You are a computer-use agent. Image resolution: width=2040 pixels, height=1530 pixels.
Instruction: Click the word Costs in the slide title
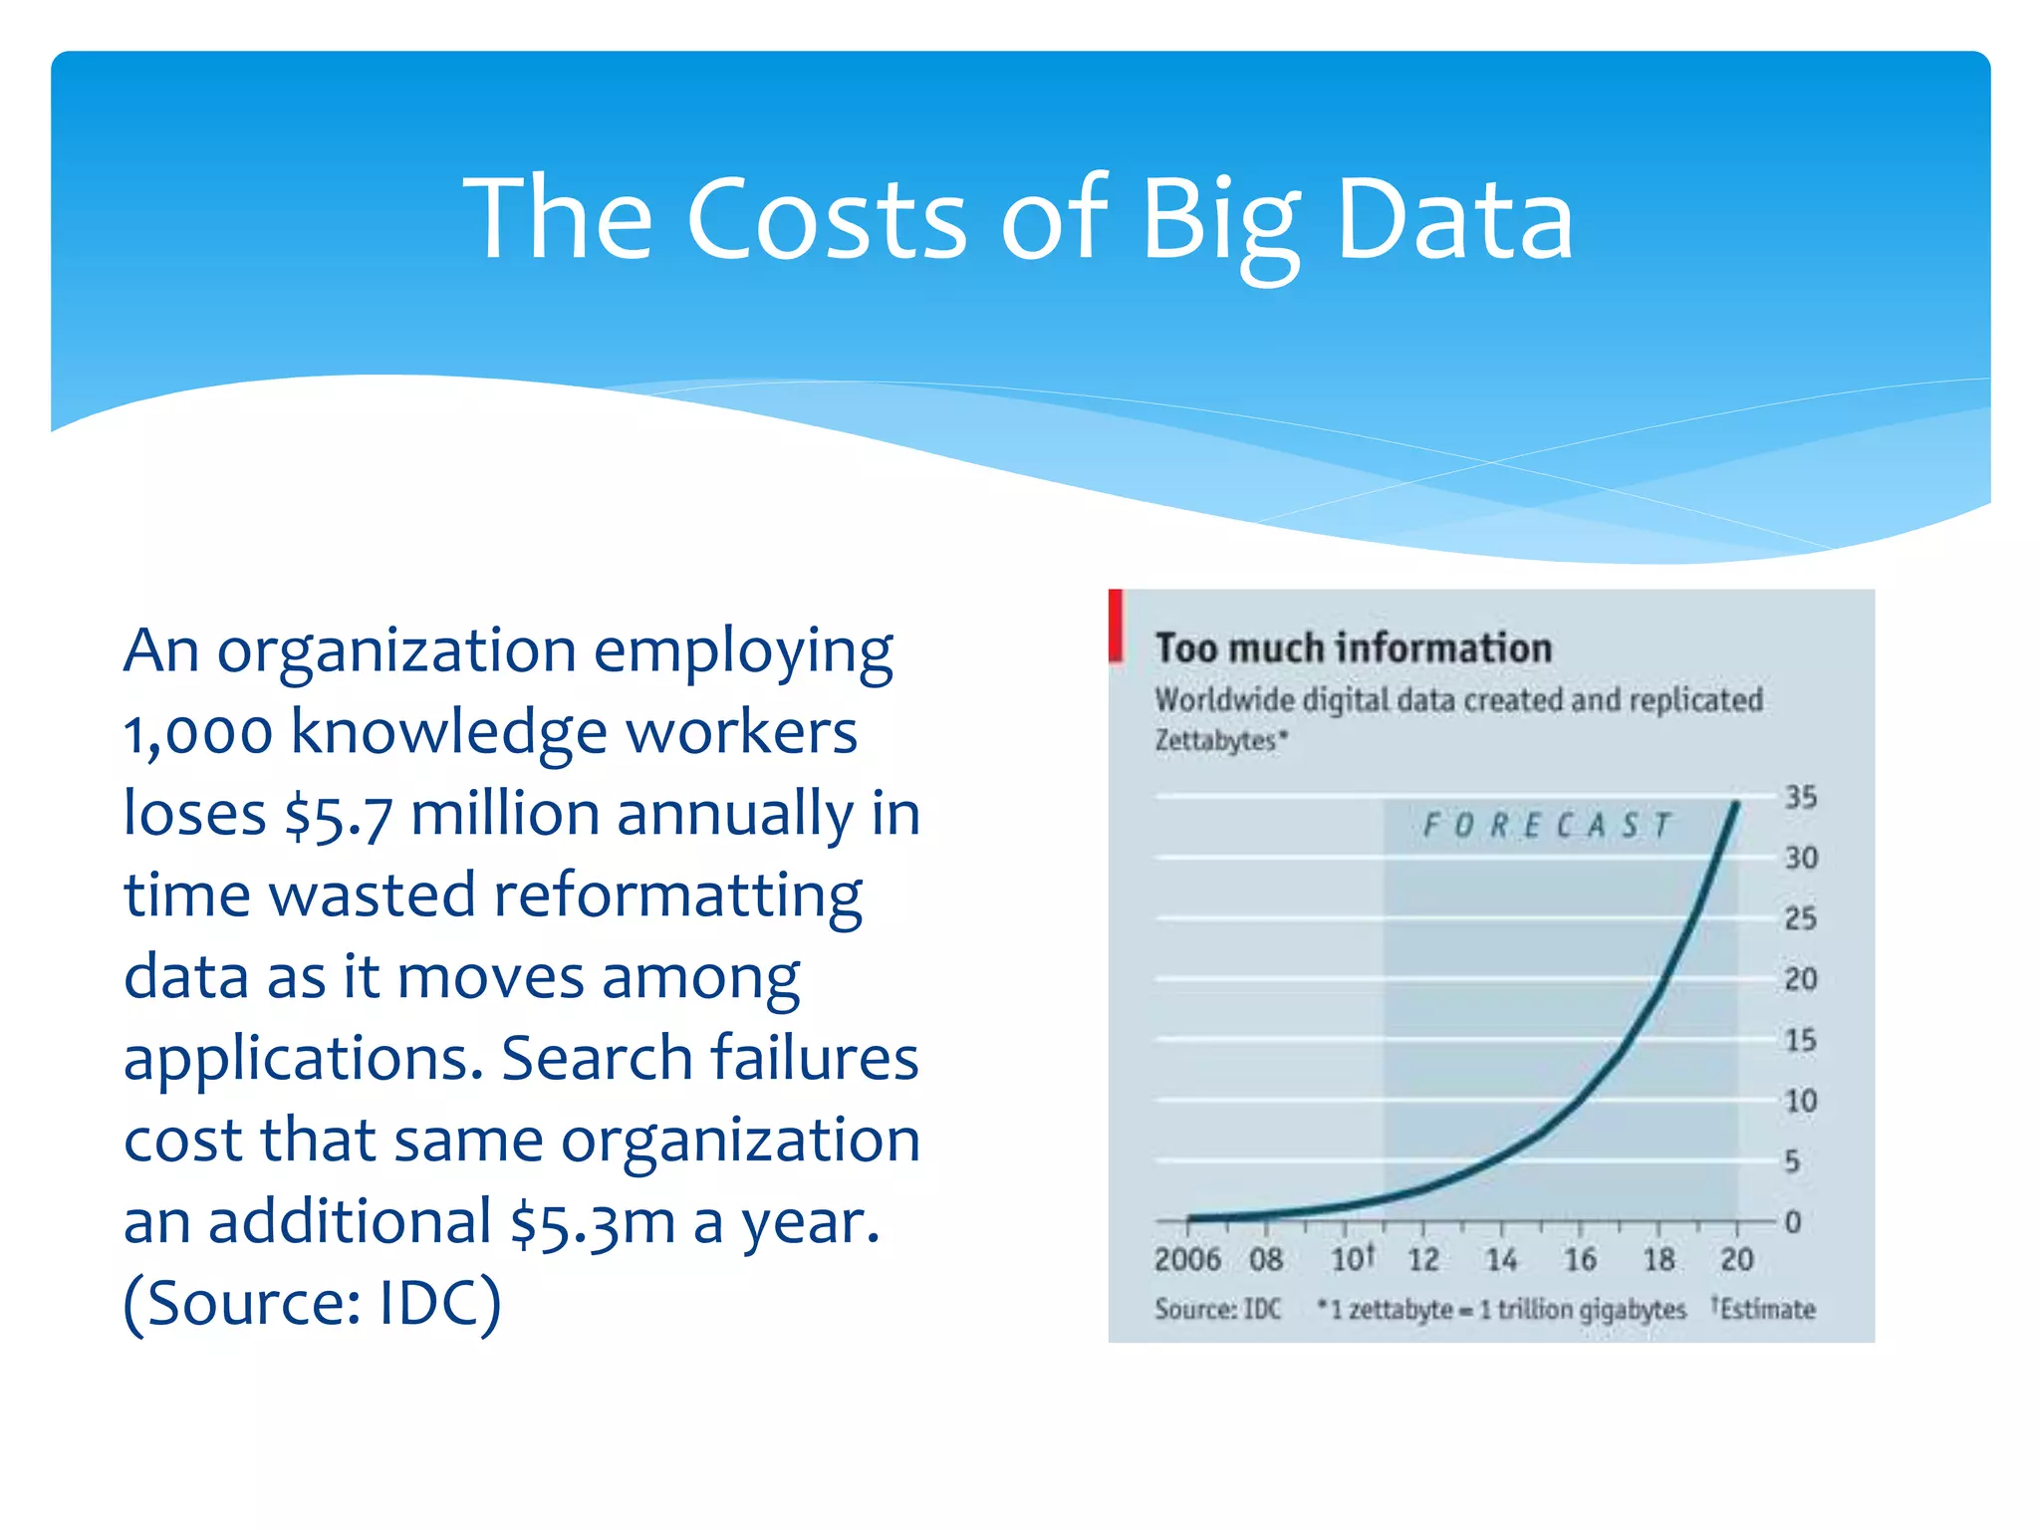coord(826,219)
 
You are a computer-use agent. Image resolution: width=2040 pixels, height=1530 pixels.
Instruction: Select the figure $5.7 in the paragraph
coord(339,815)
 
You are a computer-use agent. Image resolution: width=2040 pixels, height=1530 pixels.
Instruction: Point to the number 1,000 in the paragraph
coord(197,733)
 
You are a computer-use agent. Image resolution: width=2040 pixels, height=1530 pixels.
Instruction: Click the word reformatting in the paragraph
coord(677,895)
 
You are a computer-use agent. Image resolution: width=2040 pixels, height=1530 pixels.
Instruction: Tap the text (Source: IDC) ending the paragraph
coord(312,1303)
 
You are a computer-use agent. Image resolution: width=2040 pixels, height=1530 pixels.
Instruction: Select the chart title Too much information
coord(1353,648)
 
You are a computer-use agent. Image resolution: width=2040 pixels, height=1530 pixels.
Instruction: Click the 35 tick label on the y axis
coord(1800,797)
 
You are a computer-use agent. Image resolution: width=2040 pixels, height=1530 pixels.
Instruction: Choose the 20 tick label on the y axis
coord(1800,979)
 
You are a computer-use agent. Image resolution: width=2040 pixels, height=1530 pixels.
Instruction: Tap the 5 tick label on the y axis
coord(1792,1161)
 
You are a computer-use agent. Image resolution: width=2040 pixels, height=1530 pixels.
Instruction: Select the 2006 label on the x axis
coord(1187,1260)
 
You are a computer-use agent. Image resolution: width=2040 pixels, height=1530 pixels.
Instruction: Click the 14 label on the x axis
coord(1501,1260)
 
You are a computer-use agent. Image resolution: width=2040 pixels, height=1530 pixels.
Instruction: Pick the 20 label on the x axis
coord(1736,1260)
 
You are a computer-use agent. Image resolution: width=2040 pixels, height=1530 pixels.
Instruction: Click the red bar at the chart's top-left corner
coord(1116,626)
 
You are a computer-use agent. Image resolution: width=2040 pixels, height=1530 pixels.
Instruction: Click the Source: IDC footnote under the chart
coord(1217,1309)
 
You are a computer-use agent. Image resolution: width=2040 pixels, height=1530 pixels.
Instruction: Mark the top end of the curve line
coord(1737,803)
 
